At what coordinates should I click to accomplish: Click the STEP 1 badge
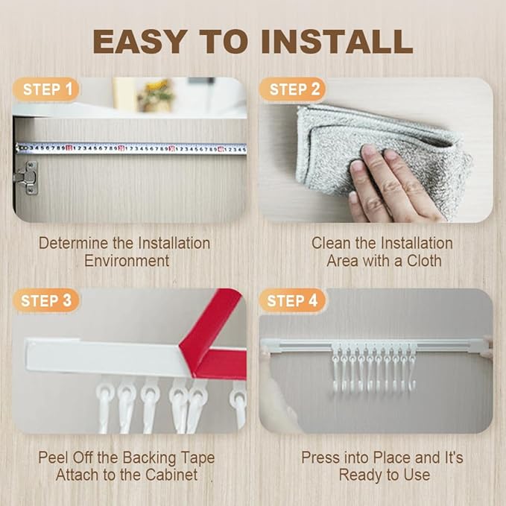pos(45,89)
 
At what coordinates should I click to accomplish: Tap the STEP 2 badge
pos(293,89)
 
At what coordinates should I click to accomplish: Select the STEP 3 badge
pos(45,301)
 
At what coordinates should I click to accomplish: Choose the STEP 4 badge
pos(292,301)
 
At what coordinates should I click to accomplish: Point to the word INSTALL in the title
pos(338,41)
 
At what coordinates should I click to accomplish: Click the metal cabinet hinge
pos(27,178)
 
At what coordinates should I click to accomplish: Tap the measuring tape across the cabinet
pos(131,149)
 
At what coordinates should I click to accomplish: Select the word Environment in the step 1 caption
pos(127,261)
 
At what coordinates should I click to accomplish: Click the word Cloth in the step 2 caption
pos(424,261)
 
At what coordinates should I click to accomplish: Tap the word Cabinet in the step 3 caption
pos(171,475)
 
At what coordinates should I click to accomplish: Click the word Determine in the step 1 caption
pos(75,243)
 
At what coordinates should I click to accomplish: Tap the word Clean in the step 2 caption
pos(332,243)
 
